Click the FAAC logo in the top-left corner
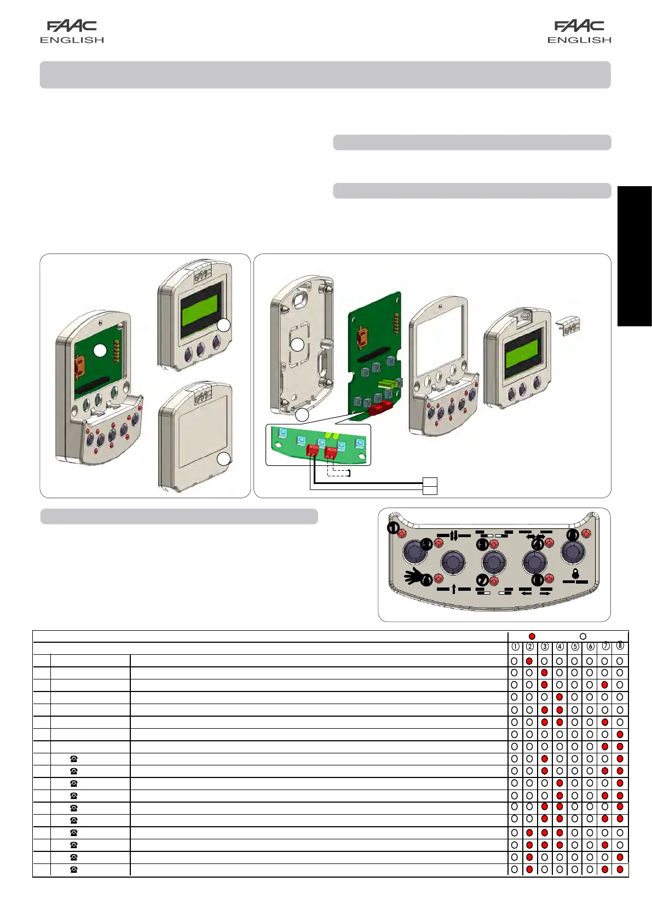(x=72, y=26)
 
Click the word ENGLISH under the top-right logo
(x=579, y=40)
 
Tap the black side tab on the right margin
(x=634, y=256)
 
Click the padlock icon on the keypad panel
(x=575, y=574)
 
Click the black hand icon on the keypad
(x=414, y=575)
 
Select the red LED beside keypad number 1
(x=402, y=533)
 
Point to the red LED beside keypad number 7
(x=494, y=581)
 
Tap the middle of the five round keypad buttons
(x=494, y=562)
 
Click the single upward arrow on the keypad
(x=454, y=589)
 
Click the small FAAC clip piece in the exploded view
(x=570, y=327)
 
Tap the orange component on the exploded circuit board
(x=362, y=337)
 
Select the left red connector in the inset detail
(x=313, y=451)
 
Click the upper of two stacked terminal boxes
(x=430, y=482)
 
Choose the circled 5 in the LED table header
(x=575, y=647)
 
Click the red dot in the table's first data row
(x=529, y=661)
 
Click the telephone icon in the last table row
(x=74, y=869)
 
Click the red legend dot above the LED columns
(x=532, y=636)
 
